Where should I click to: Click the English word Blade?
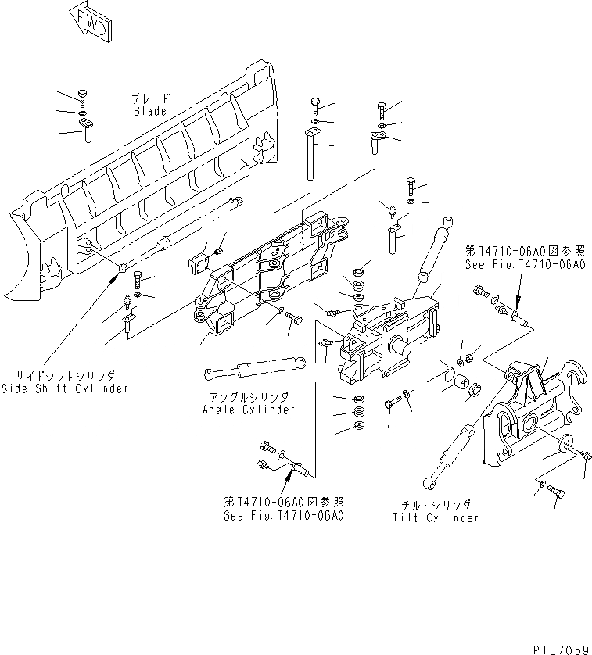click(x=149, y=111)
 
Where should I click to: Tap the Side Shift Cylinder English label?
click(x=64, y=388)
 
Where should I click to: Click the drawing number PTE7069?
click(x=560, y=649)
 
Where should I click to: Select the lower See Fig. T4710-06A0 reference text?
click(x=284, y=516)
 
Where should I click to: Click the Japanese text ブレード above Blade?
click(x=149, y=99)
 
